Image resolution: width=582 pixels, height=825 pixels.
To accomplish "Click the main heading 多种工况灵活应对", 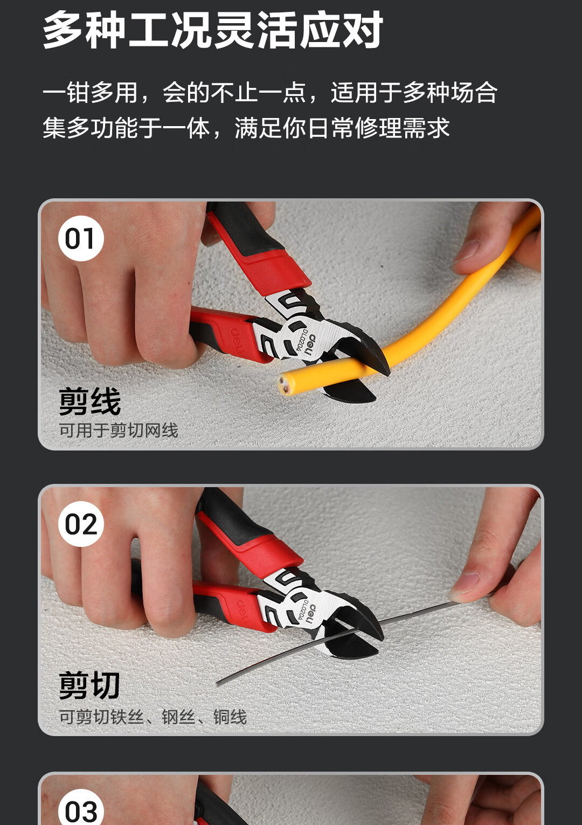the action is pos(213,30).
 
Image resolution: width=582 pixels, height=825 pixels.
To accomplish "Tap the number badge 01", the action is pos(81,238).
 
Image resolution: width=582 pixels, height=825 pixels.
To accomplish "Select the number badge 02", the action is pos(81,524).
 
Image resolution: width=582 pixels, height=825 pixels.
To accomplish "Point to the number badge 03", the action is pos(81,808).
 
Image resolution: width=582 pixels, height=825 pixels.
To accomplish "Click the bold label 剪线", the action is pos(90,401).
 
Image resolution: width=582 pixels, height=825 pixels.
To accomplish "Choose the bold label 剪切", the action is pos(89,685).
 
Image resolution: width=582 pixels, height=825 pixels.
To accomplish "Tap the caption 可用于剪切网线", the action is pos(119,430).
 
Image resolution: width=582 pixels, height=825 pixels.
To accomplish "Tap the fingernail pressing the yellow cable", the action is pos(466,251).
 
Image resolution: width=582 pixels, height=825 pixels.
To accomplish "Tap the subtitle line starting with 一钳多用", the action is pos(270,92).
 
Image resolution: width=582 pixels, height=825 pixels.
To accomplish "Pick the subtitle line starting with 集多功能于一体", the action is pos(246,128).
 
